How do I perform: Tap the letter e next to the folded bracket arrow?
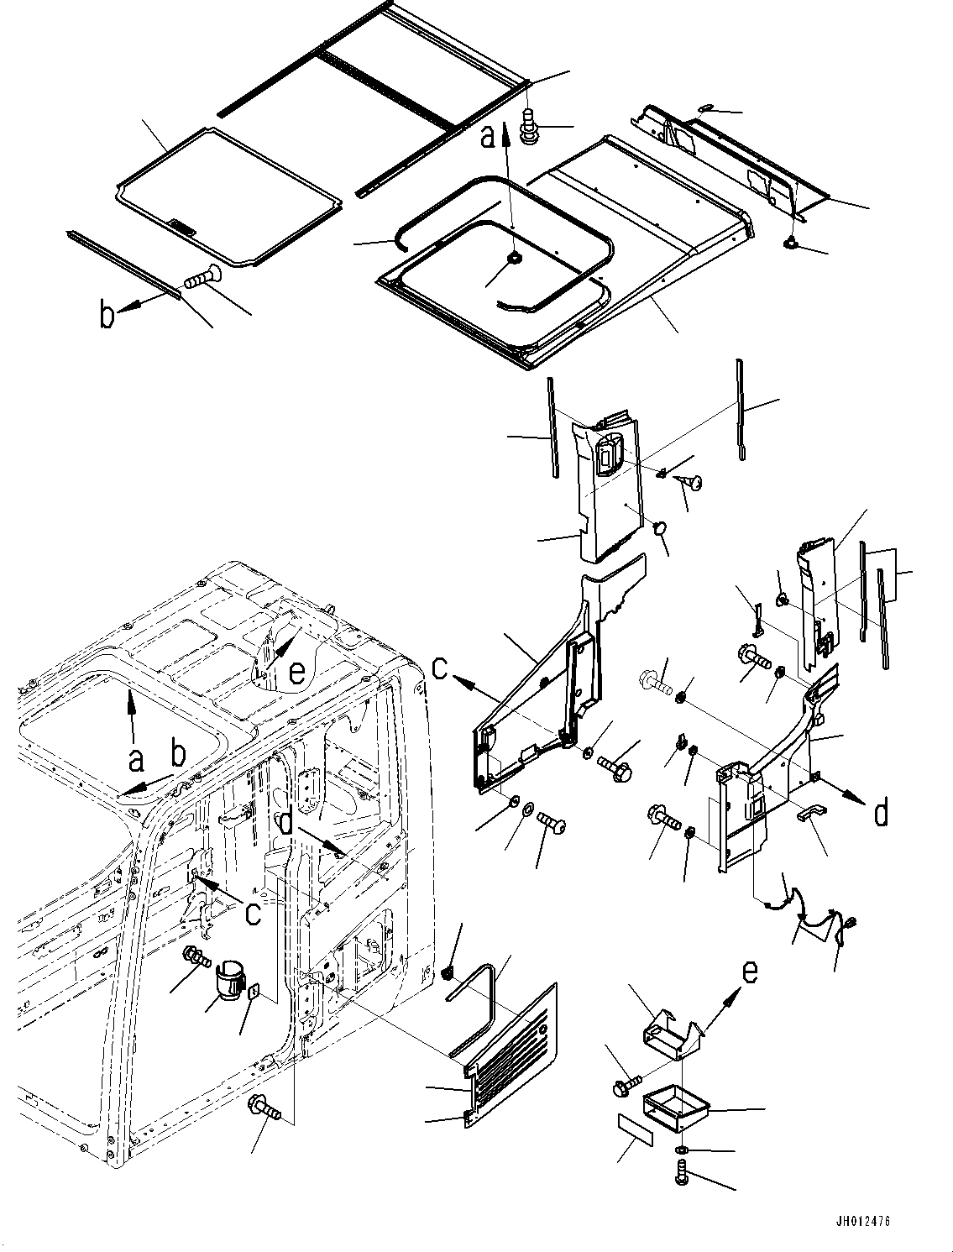click(750, 972)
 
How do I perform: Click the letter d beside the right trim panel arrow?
click(881, 812)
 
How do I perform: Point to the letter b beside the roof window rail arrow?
click(107, 317)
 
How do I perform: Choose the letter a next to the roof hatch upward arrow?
click(488, 135)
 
